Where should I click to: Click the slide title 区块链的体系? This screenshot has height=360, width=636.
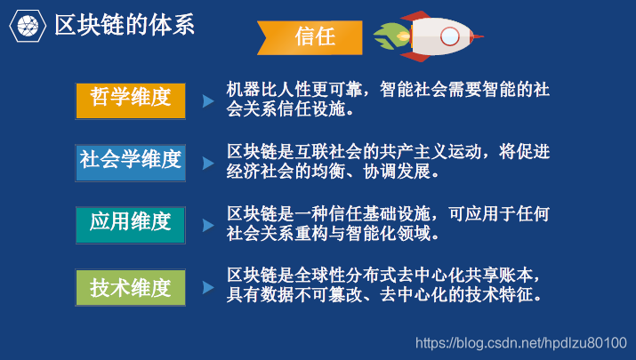coord(125,25)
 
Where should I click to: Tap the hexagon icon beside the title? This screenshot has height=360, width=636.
coord(27,25)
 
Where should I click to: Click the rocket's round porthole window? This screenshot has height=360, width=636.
coord(451,36)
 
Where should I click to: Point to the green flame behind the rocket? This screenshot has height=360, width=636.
coord(390,36)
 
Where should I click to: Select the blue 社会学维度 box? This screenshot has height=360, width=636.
coord(130,161)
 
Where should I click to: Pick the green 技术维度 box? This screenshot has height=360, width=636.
coord(130,288)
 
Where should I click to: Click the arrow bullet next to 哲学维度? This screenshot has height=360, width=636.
coord(208,101)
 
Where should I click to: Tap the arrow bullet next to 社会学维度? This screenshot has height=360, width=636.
coord(208,164)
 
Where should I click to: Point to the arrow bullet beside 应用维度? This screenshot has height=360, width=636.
coord(208,225)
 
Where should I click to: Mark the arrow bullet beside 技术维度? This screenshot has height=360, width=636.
coord(208,289)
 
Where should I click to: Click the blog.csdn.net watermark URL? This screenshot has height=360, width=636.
coord(521,342)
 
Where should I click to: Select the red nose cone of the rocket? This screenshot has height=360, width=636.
coord(477,36)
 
